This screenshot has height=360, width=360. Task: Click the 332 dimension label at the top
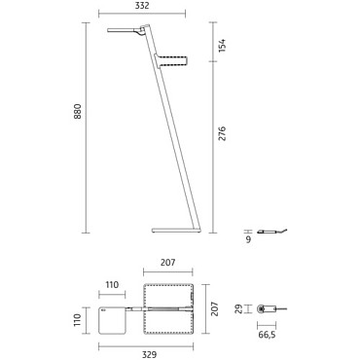pyautogui.click(x=142, y=6)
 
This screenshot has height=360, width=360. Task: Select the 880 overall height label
pyautogui.click(x=78, y=111)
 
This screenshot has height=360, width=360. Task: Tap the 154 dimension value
pyautogui.click(x=222, y=46)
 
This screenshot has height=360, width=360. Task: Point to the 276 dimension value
pyautogui.click(x=222, y=133)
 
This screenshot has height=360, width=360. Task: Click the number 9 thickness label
pyautogui.click(x=248, y=240)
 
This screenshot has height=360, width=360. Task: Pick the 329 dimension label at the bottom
pyautogui.click(x=150, y=354)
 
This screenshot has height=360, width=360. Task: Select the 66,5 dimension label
pyautogui.click(x=267, y=335)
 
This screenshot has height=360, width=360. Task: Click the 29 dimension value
pyautogui.click(x=239, y=308)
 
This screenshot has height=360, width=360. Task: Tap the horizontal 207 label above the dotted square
pyautogui.click(x=168, y=263)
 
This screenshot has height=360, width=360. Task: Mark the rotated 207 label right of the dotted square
pyautogui.click(x=214, y=308)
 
